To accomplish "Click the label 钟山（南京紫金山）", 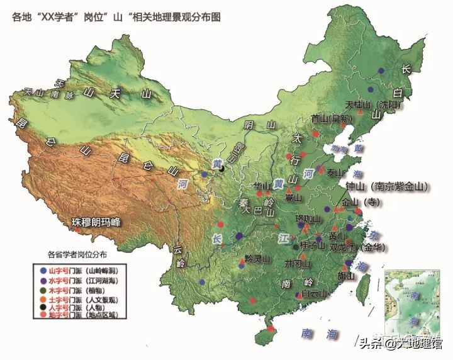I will pyautogui.click(x=386, y=187).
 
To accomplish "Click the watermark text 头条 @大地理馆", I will pyautogui.click(x=400, y=343).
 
